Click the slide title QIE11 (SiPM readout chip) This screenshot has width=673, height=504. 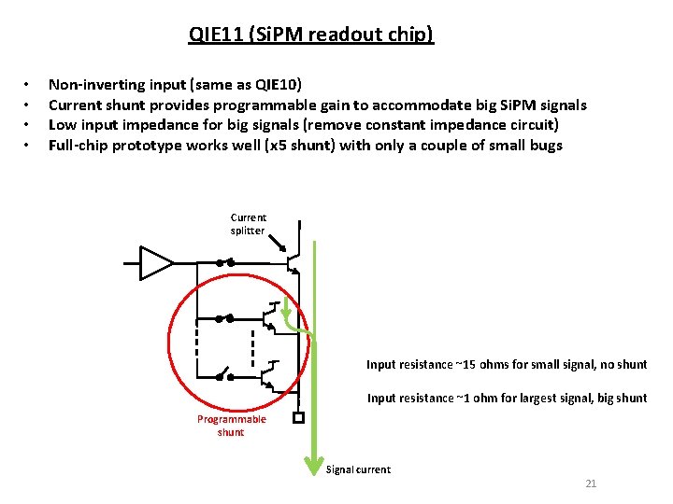click(311, 35)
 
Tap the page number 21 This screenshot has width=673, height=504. click(590, 483)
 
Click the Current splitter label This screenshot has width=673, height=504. click(248, 224)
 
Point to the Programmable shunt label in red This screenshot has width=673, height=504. click(231, 426)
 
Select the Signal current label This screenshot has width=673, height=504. click(358, 469)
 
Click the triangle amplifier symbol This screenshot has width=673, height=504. click(155, 262)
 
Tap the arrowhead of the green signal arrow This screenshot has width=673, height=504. click(314, 464)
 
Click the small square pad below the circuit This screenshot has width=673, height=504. click(298, 417)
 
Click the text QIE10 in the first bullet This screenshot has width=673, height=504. click(273, 82)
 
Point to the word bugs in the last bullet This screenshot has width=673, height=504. click(545, 146)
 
